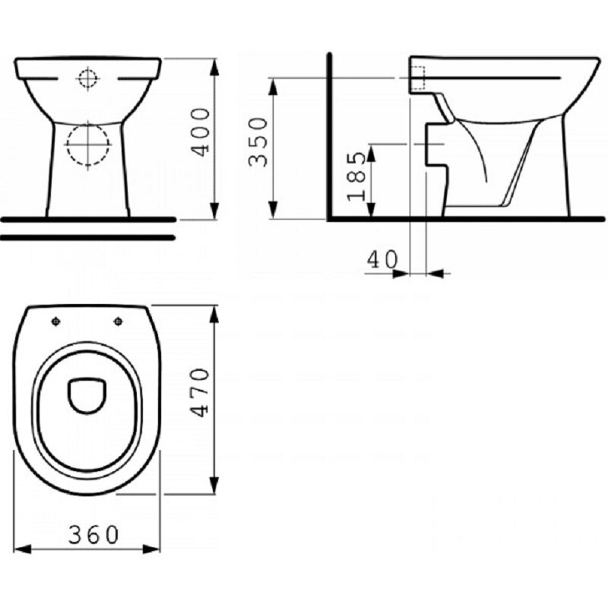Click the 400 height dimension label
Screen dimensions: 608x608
[x=202, y=132]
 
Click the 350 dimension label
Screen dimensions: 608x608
[x=258, y=142]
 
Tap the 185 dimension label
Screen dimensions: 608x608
[x=356, y=176]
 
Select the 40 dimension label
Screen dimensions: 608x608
[x=382, y=259]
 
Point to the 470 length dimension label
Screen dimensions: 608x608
[x=201, y=392]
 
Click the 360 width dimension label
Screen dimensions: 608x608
[x=93, y=535]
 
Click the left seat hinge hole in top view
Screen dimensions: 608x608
[x=55, y=321]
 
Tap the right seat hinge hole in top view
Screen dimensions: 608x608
[x=119, y=321]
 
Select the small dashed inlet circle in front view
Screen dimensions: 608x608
[x=87, y=78]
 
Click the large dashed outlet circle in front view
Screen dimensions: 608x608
[x=88, y=144]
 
